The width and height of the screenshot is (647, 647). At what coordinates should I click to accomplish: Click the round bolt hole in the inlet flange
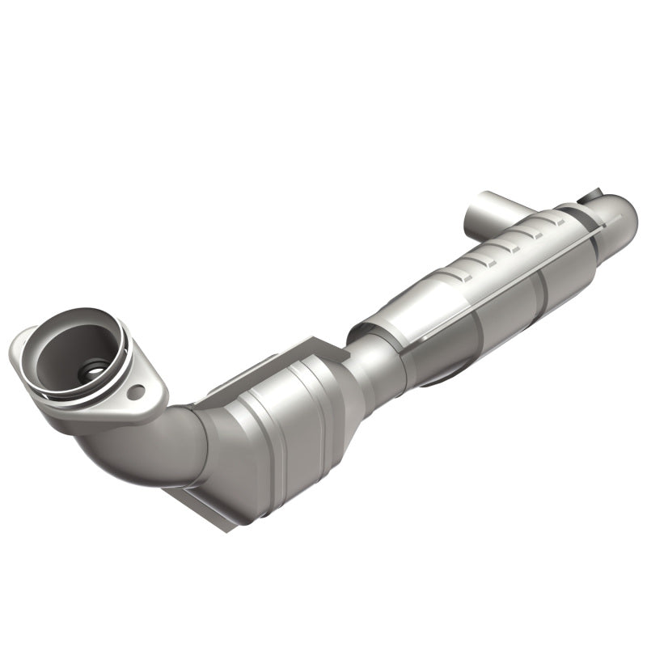[x=136, y=392]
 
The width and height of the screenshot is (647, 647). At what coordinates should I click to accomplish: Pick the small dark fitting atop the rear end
[x=584, y=197]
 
